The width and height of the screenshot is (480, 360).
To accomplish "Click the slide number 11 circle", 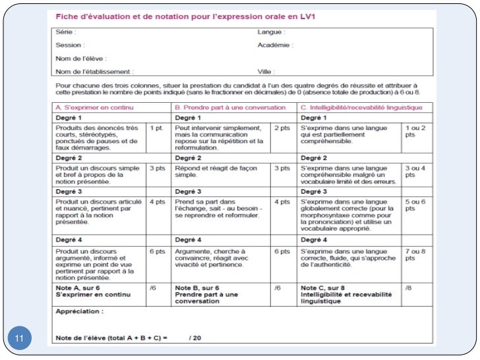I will (18, 339).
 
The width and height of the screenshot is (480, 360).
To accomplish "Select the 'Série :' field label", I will (66, 32).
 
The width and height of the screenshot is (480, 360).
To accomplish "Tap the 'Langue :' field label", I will (271, 32).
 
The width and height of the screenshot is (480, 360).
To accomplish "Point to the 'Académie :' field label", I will (276, 45).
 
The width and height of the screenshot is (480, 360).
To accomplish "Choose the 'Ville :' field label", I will (266, 71).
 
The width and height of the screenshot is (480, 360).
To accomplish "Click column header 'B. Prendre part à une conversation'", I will (229, 107).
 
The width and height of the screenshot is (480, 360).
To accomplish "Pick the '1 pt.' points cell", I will (157, 127).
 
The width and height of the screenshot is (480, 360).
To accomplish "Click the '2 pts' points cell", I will (282, 127).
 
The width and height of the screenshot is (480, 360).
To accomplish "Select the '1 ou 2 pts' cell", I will (415, 131).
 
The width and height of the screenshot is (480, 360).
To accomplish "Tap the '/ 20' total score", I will (195, 338).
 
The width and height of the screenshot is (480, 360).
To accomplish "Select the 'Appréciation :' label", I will (80, 311).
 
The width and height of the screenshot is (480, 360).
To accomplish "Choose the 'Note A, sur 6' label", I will (78, 288).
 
